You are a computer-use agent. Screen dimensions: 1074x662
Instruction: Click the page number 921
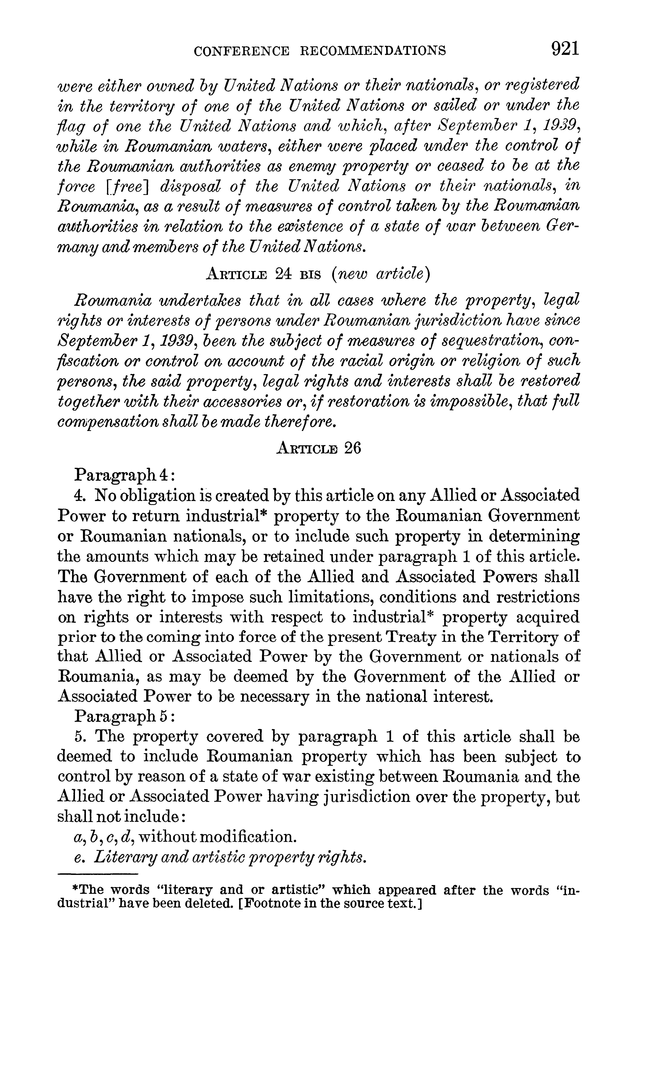pos(565,49)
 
